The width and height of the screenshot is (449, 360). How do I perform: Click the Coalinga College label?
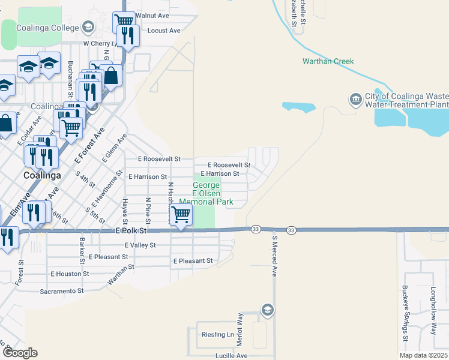[x=48, y=28]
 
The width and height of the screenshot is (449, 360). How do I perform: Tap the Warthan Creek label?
[x=328, y=61]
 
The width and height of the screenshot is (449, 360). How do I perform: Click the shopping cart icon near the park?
[x=181, y=215]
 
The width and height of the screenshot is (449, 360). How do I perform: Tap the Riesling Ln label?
[x=217, y=334]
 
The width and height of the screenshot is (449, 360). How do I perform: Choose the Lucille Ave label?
[x=232, y=356]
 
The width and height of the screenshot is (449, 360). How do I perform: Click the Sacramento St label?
[x=62, y=291]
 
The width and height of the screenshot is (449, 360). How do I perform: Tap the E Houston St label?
[x=70, y=274]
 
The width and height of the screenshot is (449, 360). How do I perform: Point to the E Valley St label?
[x=140, y=245]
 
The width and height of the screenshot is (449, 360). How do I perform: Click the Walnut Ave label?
[x=152, y=15]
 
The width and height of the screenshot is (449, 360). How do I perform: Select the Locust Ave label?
[x=164, y=30]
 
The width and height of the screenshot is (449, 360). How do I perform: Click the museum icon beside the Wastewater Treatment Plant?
[x=355, y=98]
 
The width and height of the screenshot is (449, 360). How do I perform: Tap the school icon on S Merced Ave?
[x=268, y=310]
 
